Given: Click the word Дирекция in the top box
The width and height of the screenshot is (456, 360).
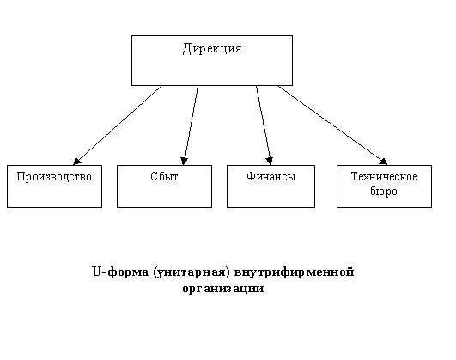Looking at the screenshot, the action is point(212,49).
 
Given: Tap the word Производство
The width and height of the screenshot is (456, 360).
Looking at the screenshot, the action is point(54,177).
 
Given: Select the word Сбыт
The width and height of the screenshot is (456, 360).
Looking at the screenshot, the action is point(164,176).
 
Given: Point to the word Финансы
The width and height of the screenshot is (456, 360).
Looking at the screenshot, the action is point(271,176).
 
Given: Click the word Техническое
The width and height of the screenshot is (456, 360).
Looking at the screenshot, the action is point(384,176).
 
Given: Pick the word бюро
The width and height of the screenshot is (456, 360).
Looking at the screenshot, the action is point(384,192).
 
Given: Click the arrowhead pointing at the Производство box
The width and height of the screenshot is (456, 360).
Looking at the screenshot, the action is point(76,162).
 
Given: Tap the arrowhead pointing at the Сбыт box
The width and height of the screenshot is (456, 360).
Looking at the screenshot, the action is point(184,161).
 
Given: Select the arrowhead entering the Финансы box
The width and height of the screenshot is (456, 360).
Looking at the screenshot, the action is point(270,161).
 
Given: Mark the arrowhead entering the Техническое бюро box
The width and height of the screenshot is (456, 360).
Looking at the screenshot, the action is point(383,162).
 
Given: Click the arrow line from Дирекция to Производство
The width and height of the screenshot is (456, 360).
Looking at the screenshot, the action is point(118,125).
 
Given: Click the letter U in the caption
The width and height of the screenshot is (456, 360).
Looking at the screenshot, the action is point(96,272).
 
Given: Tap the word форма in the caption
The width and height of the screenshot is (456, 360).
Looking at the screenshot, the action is point(128,272).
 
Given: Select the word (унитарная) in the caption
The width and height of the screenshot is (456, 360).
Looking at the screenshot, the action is point(191,272).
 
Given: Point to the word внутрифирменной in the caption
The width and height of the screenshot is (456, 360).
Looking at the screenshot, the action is point(294,272).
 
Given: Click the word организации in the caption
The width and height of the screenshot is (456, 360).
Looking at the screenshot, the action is point(223,289).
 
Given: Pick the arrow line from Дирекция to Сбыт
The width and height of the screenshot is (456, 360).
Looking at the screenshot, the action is point(191,125).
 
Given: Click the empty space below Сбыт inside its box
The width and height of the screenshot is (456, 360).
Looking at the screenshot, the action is point(164,196).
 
